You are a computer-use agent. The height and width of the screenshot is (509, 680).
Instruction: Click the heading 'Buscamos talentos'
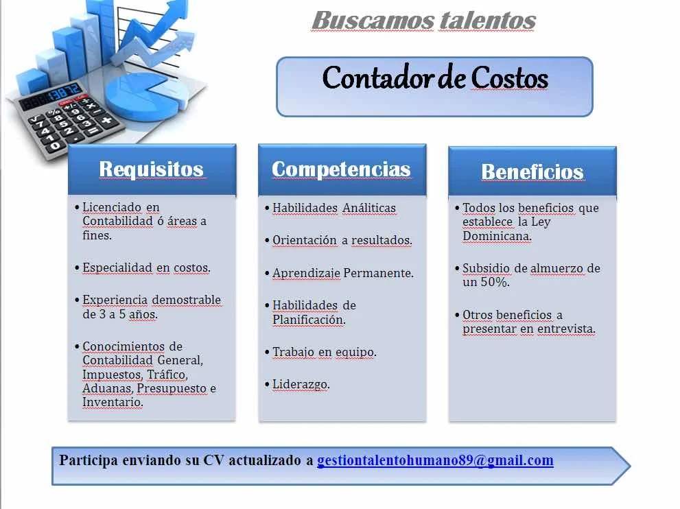(423, 21)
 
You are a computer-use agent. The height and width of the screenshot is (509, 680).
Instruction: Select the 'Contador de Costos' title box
(434, 86)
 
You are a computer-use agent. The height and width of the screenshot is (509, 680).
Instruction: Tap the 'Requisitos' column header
(152, 169)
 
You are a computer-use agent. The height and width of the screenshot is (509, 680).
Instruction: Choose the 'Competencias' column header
(342, 169)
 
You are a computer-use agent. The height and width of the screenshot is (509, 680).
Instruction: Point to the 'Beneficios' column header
(532, 171)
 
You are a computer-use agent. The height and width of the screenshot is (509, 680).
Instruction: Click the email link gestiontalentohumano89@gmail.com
(436, 460)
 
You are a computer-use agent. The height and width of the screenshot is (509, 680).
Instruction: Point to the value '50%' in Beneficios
(495, 282)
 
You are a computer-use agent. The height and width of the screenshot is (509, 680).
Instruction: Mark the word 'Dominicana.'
(497, 236)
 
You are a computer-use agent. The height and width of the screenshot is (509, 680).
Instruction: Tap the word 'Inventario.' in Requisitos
(113, 403)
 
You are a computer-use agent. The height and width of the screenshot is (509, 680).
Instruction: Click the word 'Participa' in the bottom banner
(89, 460)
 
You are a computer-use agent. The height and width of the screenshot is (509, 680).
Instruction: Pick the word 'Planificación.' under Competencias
(309, 320)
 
